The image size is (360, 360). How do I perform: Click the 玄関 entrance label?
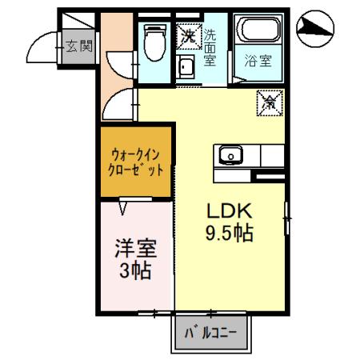78,46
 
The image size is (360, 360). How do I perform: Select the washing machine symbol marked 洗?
189,35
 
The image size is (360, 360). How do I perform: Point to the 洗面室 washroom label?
210,47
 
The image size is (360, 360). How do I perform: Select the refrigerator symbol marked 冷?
270,102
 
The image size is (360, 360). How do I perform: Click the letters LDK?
230,212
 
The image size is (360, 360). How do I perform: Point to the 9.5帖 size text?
230,234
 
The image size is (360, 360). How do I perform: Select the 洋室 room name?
136,248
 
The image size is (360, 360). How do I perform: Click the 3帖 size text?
136,272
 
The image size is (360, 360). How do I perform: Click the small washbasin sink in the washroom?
186,66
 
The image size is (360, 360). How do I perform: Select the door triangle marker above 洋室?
122,207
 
